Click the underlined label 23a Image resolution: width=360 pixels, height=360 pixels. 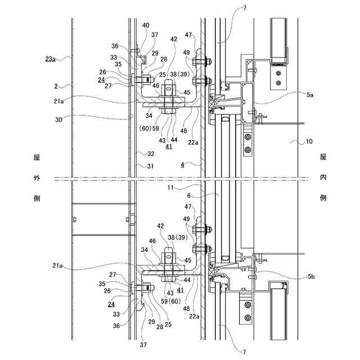(x=49, y=57)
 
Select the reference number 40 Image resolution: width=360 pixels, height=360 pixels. (x=146, y=25)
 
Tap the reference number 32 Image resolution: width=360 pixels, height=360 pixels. (x=150, y=154)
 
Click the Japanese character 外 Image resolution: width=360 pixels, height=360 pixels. (x=36, y=178)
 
